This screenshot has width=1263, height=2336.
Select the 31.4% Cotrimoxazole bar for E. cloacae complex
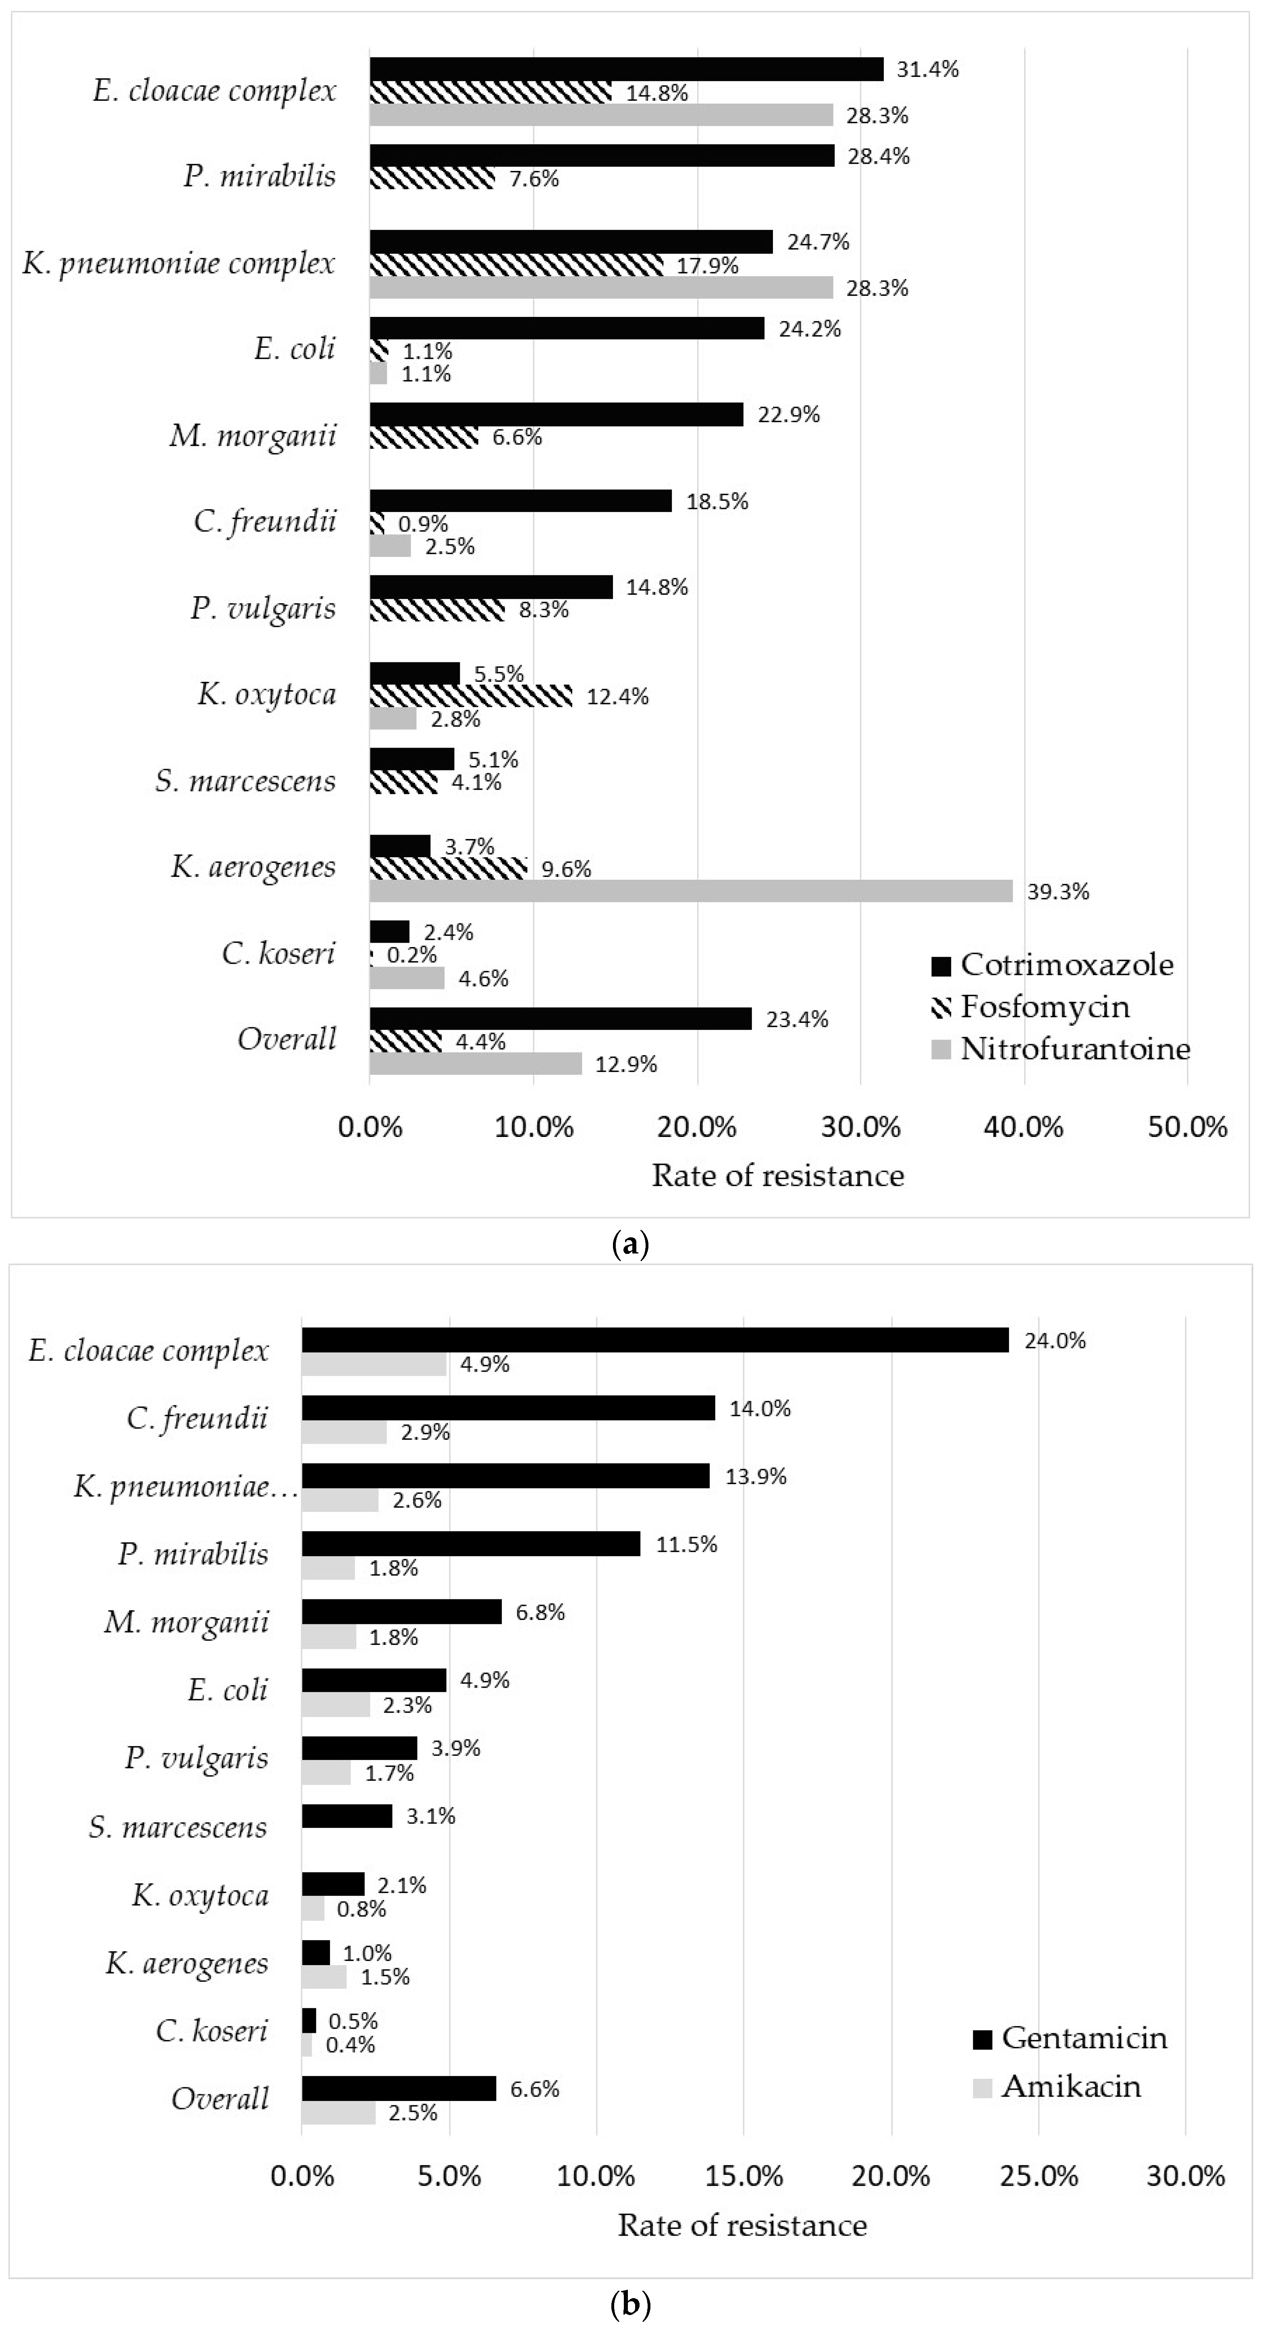point(625,69)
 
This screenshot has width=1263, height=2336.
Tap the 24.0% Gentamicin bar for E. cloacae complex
point(654,1340)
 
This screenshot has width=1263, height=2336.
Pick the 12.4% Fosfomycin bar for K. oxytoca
point(471,695)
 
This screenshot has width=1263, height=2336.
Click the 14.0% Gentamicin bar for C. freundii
point(508,1408)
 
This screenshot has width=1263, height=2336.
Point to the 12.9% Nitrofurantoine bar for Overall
point(475,1063)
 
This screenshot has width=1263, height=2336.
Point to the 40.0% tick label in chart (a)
point(1024,1127)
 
